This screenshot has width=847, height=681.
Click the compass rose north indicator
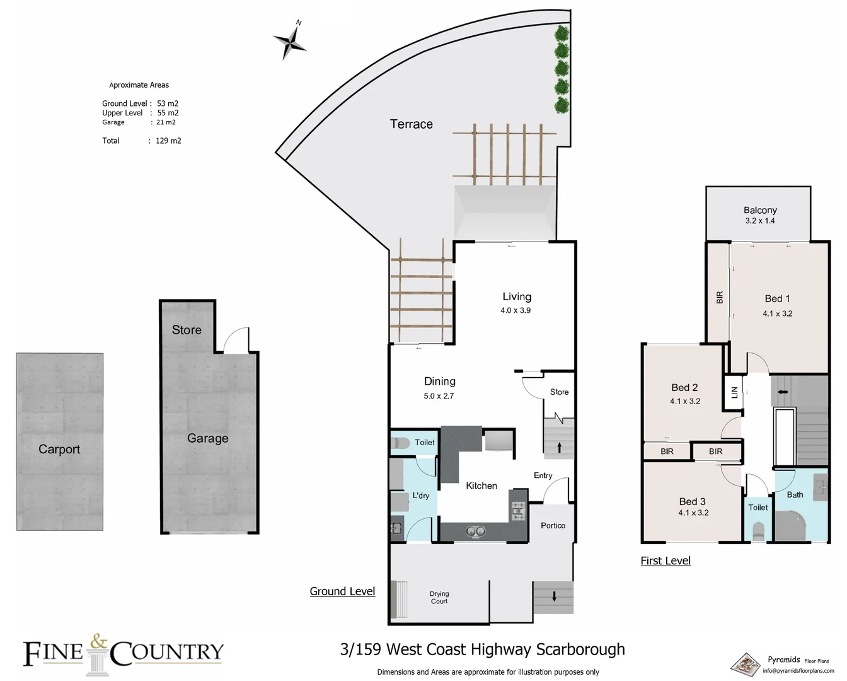click(291, 41)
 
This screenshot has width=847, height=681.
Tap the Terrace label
click(411, 124)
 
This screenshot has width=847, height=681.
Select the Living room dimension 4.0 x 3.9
click(516, 310)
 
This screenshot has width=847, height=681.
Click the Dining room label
click(439, 381)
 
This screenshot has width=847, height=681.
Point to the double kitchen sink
click(475, 532)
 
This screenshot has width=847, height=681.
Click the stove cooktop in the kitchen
click(518, 511)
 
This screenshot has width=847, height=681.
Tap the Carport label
click(59, 449)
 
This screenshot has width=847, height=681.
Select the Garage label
click(207, 438)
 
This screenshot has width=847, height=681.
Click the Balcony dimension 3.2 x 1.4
click(760, 221)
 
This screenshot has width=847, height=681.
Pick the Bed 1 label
click(777, 299)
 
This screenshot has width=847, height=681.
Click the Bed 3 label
click(692, 501)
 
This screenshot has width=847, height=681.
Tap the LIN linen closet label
click(734, 392)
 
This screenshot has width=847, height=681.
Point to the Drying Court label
click(439, 597)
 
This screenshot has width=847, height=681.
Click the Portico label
click(553, 525)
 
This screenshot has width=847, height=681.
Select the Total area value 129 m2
click(168, 141)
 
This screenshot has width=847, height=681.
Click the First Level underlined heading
click(665, 561)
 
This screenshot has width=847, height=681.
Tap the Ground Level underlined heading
click(342, 591)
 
